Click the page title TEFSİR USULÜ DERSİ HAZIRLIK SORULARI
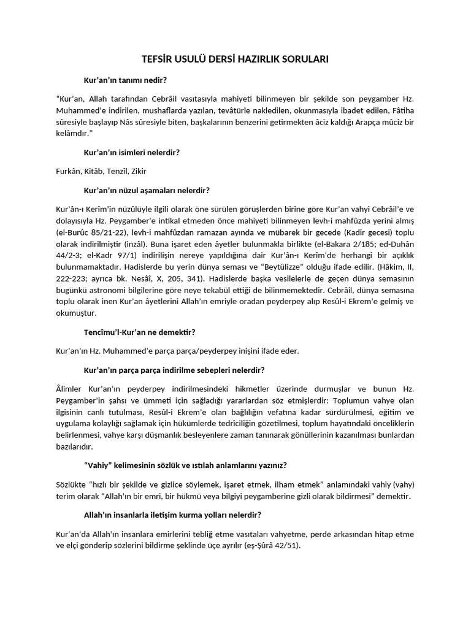point(235,59)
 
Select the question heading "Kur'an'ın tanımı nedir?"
point(126,80)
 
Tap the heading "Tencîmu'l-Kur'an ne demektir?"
point(139,332)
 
